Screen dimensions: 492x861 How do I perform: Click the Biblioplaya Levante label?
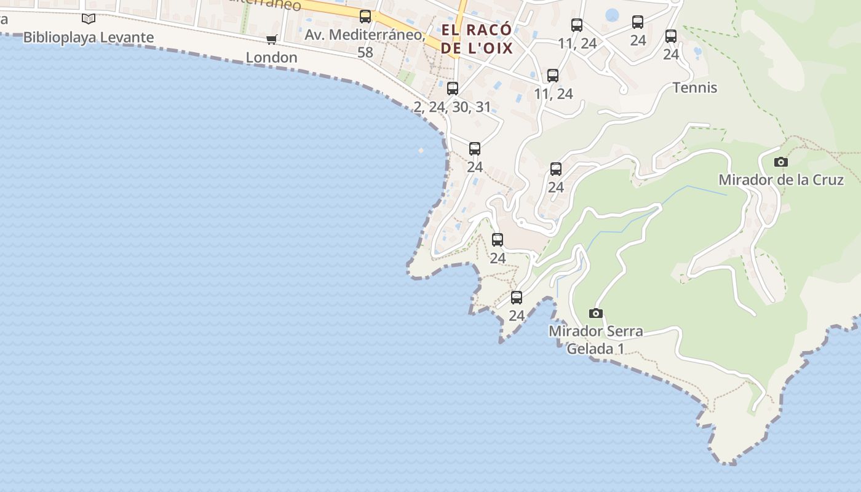point(89,38)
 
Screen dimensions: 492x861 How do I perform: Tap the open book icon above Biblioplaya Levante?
point(89,19)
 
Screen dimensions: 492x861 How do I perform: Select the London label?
point(271,58)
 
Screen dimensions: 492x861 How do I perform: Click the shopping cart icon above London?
point(271,40)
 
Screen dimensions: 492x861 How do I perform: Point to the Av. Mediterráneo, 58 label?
point(365,43)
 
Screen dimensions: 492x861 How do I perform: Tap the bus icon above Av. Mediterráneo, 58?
point(365,17)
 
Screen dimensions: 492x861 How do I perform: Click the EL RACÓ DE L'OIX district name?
point(477,39)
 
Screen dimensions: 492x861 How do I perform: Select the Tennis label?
point(695,87)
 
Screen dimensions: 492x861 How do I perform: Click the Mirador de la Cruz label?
point(781,180)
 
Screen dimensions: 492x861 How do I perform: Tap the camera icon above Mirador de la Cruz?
point(781,162)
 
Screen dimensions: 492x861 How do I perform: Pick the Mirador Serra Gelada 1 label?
point(595,339)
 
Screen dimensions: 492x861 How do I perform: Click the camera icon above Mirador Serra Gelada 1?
point(595,314)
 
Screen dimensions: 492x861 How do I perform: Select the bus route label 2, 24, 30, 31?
point(453,107)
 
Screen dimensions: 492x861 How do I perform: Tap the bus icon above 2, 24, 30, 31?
point(453,89)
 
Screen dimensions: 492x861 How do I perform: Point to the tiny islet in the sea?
point(421,150)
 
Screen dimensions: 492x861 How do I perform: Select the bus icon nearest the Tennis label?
point(671,36)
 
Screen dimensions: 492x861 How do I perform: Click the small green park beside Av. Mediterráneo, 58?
point(405,77)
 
